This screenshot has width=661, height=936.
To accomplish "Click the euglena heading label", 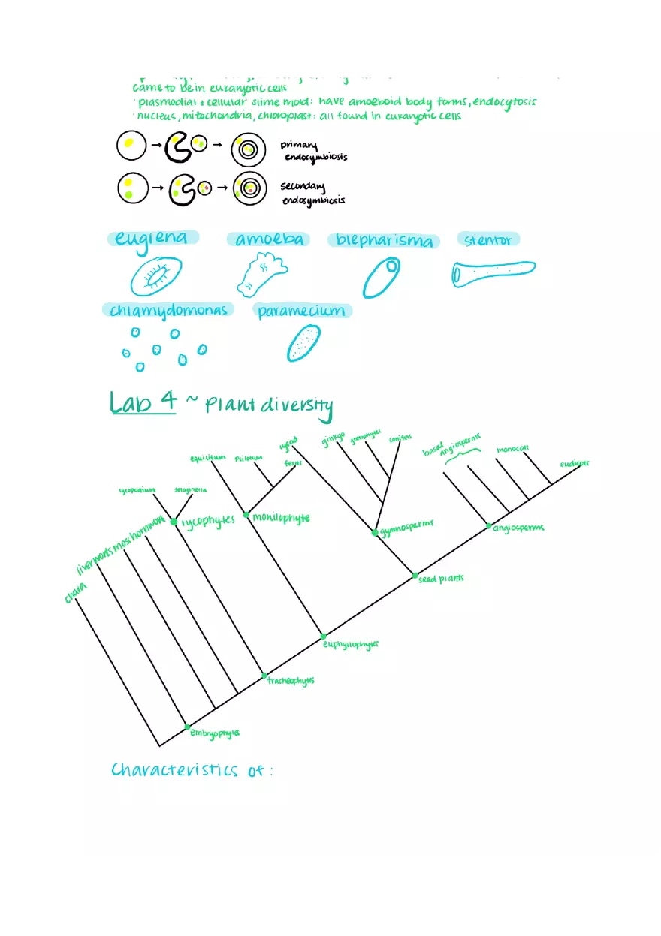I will point(152,239).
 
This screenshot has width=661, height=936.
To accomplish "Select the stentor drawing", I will point(493,272).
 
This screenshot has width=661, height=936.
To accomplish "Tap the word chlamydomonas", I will point(168,310).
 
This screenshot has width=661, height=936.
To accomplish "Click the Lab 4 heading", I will point(143,402).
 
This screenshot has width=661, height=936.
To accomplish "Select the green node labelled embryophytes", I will point(187,727).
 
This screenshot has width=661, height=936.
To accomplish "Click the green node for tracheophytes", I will point(264,676).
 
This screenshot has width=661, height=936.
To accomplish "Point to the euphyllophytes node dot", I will point(324,636).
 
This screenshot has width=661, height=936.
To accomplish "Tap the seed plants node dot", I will point(415,576).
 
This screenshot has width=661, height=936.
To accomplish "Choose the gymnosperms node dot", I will point(375,533).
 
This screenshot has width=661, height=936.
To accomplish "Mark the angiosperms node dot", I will point(489,525).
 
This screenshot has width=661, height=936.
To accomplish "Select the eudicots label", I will point(574,464).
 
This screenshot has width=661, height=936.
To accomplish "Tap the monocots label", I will point(512,450).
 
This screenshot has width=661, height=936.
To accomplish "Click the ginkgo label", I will point(333,439).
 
